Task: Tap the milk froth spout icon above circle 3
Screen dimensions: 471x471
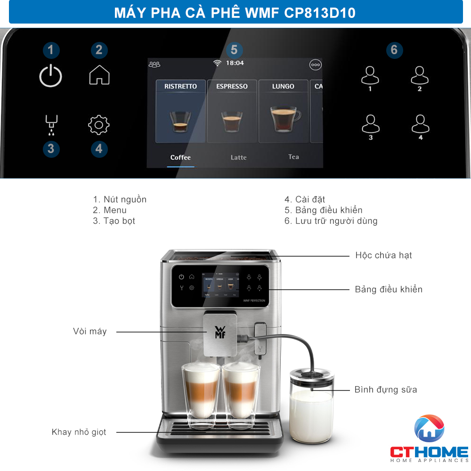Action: click(x=51, y=125)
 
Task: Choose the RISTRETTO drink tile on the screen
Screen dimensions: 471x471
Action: click(x=180, y=111)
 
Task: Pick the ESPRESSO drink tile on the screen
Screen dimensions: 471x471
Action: click(x=232, y=111)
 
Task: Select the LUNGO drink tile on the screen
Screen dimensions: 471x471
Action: click(x=283, y=111)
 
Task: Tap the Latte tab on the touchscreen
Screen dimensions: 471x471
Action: click(x=238, y=157)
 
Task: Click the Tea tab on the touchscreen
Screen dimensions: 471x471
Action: click(x=293, y=157)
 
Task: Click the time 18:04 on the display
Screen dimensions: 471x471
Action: click(x=235, y=63)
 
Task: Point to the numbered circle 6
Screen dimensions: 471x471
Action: click(x=394, y=50)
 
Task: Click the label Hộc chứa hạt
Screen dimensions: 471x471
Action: click(x=383, y=255)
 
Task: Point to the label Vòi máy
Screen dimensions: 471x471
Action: click(x=90, y=331)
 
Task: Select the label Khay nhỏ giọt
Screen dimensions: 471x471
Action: click(x=79, y=432)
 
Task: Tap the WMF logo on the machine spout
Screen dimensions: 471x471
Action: click(x=220, y=332)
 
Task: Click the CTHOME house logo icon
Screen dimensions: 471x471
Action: click(x=429, y=428)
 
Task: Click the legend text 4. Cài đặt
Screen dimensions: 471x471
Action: click(x=305, y=199)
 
